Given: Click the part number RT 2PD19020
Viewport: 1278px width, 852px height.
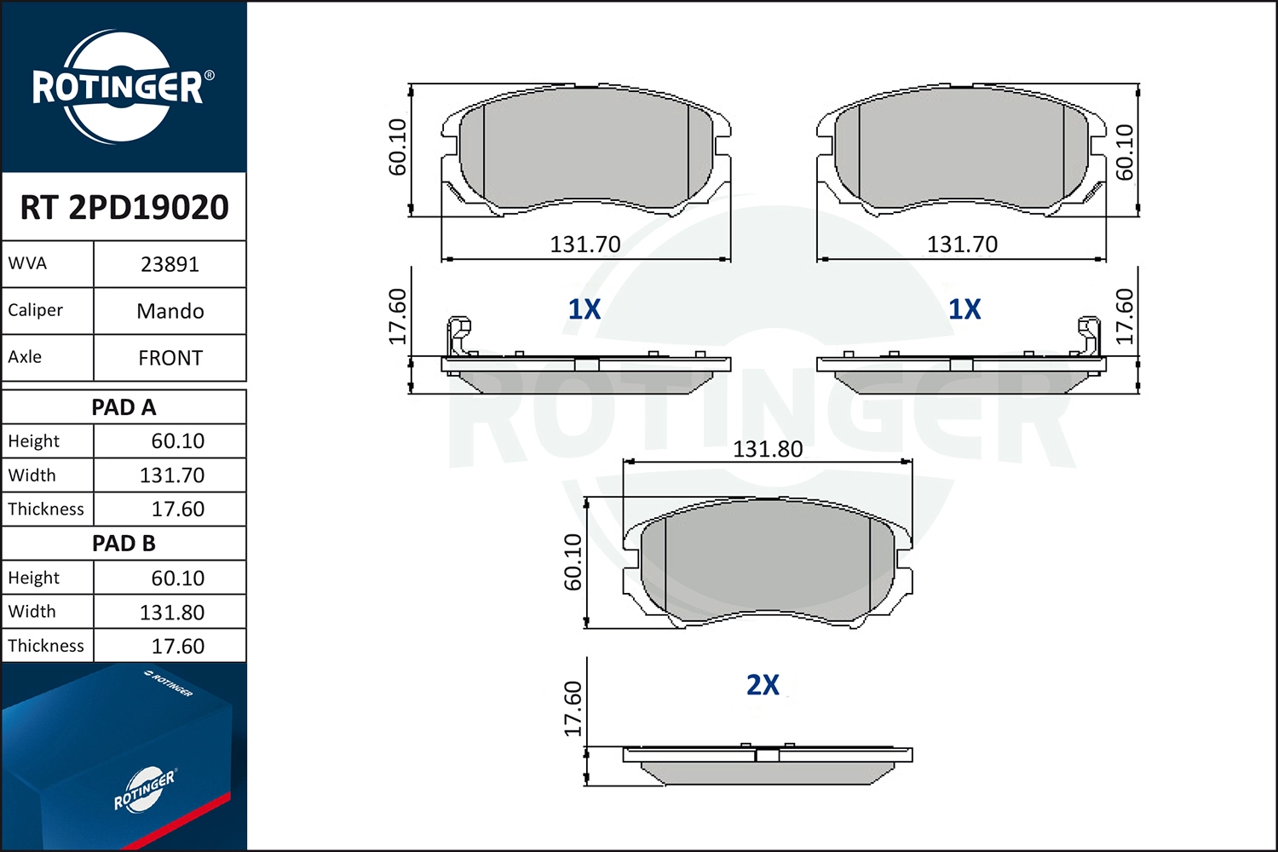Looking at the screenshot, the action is coord(124,207).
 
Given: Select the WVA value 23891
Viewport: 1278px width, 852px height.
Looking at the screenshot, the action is coord(170,265).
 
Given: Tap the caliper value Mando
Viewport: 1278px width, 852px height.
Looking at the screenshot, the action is coord(170,312).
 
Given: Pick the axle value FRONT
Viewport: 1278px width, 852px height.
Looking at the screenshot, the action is coord(170,359).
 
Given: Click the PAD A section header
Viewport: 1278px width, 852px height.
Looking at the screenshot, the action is coord(124,407).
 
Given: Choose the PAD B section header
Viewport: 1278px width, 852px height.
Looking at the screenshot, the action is coord(124,544).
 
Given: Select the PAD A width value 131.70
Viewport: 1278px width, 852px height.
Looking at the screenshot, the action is coord(172,475).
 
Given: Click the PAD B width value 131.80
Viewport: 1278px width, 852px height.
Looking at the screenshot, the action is coord(172,613).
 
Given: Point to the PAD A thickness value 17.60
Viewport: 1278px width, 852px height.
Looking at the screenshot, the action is coord(177,509).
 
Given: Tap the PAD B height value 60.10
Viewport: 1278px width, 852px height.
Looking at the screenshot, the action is coord(177,578).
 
